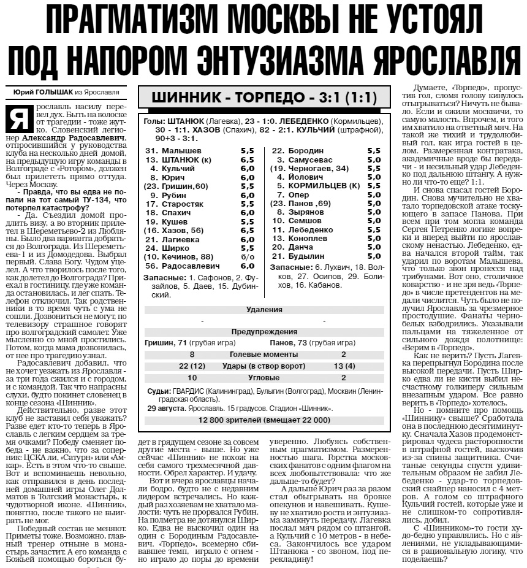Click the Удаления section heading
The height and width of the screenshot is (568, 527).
coord(264,310)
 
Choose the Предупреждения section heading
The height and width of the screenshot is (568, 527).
coord(264,331)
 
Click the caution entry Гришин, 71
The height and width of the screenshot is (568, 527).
coord(166,342)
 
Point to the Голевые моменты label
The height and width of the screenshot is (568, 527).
coord(264,355)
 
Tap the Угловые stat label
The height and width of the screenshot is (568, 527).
coord(264,378)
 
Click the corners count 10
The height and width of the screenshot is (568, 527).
coord(192,378)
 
